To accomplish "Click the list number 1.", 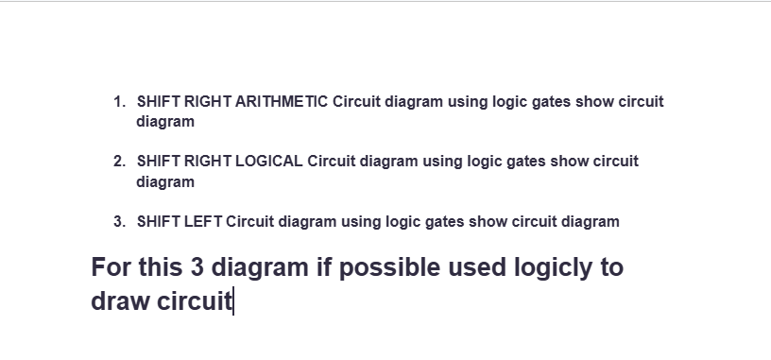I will pos(117,102).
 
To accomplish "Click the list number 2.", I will pos(117,162).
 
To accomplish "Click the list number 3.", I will pos(117,222).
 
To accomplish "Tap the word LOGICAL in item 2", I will pos(269,162).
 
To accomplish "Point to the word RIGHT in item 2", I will pos(207,162).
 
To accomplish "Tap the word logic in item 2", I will pos(486,162).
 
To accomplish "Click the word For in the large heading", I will pos(111,267).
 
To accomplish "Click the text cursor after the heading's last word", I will pos(233,301).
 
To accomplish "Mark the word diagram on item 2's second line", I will pos(165,181).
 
